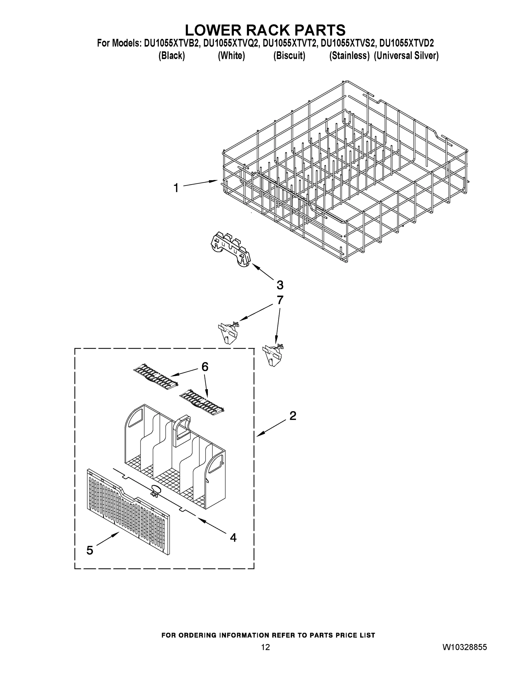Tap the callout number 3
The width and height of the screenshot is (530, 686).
[280, 285]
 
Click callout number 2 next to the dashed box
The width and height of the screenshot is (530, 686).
[292, 416]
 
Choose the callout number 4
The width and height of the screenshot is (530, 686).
[233, 537]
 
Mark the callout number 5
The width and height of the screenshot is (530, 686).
[90, 550]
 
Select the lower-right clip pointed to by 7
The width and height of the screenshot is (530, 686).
[273, 355]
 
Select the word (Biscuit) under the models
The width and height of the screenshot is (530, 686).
[289, 56]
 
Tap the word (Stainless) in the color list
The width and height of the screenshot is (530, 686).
[349, 56]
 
